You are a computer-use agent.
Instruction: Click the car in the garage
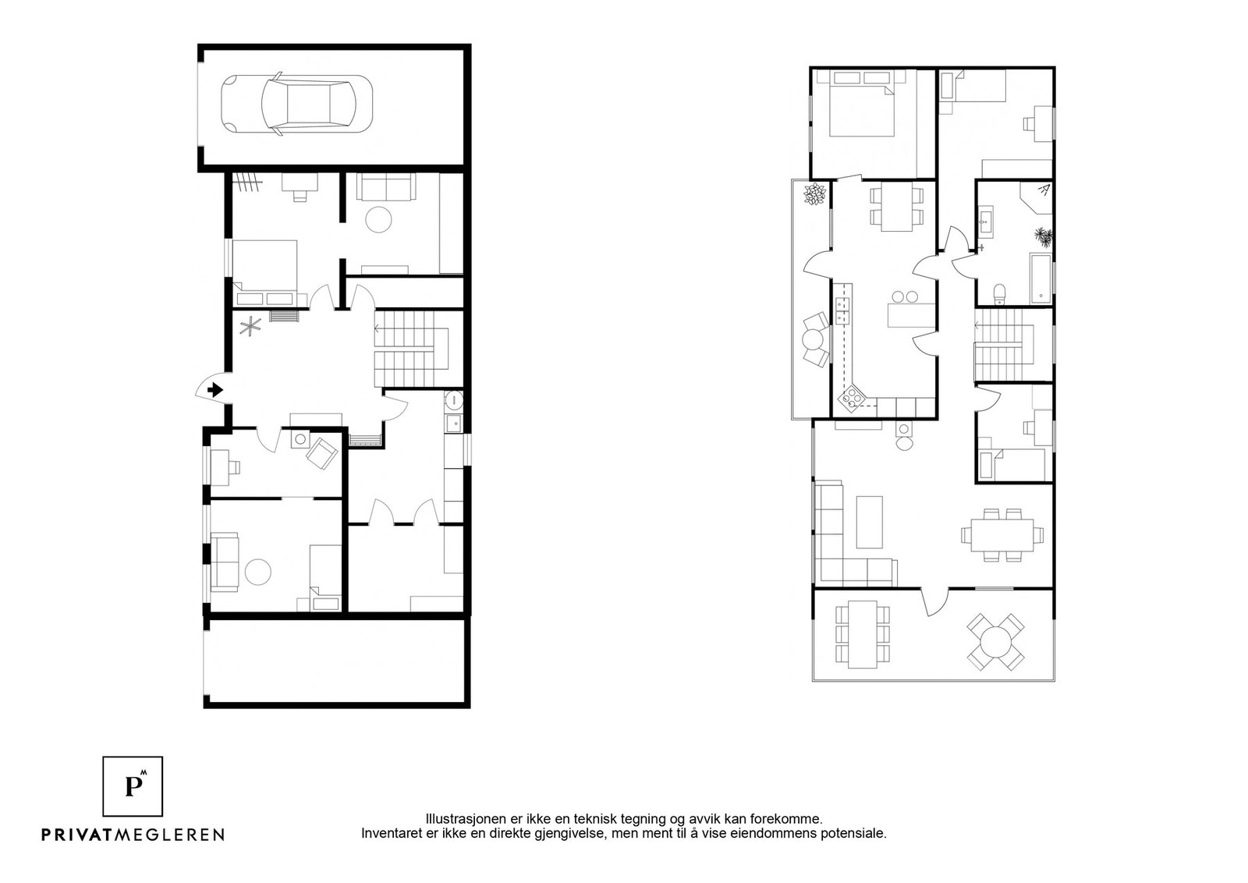pyautogui.click(x=297, y=105)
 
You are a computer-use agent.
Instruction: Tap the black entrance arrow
pyautogui.click(x=215, y=390)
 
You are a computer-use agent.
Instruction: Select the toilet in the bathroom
pyautogui.click(x=999, y=293)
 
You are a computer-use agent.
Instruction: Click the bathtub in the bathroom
pyautogui.click(x=1041, y=278)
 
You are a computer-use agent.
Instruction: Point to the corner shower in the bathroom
pyautogui.click(x=1037, y=198)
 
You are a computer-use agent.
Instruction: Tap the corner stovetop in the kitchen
pyautogui.click(x=852, y=397)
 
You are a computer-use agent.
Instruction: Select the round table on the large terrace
pyautogui.click(x=995, y=642)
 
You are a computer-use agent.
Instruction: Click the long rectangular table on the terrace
pyautogui.click(x=863, y=634)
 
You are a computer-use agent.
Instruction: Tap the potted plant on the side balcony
pyautogui.click(x=815, y=194)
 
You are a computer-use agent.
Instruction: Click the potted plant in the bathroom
pyautogui.click(x=1043, y=236)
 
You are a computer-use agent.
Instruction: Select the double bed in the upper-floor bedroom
pyautogui.click(x=862, y=111)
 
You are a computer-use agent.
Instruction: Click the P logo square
pyautogui.click(x=133, y=786)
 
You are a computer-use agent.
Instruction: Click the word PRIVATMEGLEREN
pyautogui.click(x=133, y=835)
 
